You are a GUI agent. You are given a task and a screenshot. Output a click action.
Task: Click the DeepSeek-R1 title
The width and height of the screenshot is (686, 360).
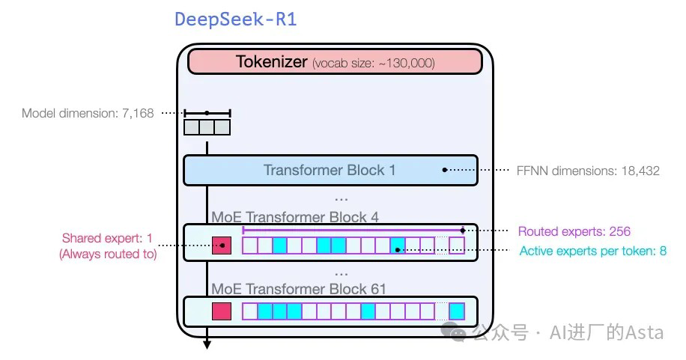235,19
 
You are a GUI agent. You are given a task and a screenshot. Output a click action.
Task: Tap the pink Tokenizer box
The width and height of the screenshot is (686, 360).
335,61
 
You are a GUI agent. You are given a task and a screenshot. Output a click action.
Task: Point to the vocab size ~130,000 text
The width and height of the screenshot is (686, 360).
374,63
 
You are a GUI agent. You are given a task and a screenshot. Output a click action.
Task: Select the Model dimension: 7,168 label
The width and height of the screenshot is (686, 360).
88,114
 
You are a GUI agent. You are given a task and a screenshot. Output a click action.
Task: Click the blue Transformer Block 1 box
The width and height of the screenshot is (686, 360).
330,170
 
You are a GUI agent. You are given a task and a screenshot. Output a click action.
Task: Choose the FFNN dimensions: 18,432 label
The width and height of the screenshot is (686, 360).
589,171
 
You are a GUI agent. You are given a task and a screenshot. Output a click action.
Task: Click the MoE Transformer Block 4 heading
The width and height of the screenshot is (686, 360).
295,218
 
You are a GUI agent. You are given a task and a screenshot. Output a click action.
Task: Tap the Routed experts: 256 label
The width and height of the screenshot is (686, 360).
574,231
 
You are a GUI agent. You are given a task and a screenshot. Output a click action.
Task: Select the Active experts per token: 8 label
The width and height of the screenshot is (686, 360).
592,251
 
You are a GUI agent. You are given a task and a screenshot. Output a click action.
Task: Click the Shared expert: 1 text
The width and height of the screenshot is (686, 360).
107,239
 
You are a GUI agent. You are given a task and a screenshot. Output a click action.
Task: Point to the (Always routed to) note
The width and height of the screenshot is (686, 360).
108,254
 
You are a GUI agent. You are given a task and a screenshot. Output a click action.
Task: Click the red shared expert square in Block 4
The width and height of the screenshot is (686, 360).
222,245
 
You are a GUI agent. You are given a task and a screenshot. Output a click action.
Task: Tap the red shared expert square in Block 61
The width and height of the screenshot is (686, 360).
222,311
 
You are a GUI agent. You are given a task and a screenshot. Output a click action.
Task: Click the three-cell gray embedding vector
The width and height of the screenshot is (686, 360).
207,127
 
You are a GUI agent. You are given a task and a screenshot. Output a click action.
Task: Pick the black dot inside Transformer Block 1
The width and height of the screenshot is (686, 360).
445,170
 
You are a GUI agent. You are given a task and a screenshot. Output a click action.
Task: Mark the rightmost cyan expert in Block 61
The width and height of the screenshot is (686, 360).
456,311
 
